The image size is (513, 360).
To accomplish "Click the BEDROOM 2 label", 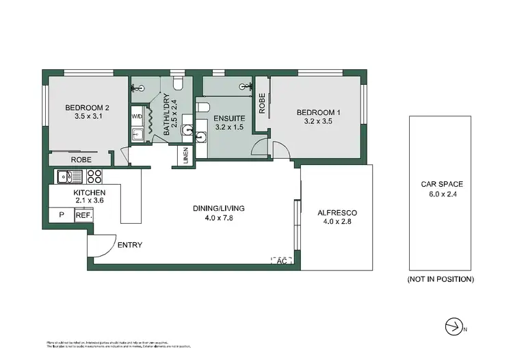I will pos(87,107).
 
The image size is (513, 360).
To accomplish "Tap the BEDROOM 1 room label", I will pos(318,112).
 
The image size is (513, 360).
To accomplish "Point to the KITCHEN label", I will pos(90,193).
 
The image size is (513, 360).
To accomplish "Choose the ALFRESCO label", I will pos(338,213).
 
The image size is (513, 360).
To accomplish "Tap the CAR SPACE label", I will pos(442,184).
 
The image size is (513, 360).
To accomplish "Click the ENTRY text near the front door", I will pos(130,245).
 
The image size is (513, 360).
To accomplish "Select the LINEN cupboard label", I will pos(186,155).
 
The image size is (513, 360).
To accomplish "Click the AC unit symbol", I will pos(282,261).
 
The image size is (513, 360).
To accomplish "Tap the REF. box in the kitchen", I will pos(83,215).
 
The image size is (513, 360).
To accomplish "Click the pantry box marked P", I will pos(62,215).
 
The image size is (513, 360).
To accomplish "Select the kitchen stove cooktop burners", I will pos(94,177).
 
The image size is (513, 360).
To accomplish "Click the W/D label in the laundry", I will pos(136,116).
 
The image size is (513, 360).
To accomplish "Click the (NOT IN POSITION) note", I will pos(441,279).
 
